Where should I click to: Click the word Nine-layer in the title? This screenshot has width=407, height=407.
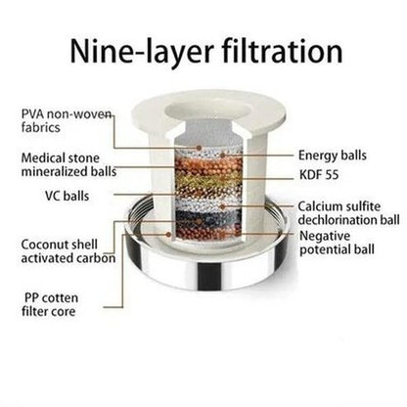(x=141, y=51)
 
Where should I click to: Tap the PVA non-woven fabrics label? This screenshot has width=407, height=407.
(x=67, y=120)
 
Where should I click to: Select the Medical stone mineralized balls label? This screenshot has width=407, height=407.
(x=68, y=164)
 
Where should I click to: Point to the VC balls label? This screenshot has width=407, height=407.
(x=67, y=196)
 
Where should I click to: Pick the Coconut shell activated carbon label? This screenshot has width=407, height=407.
(x=68, y=251)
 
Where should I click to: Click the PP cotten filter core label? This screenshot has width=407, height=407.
(x=50, y=304)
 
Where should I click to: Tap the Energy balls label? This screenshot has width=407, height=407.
(x=333, y=156)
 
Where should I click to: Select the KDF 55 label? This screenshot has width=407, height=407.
(x=319, y=175)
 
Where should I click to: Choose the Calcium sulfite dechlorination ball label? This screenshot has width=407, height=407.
(x=348, y=213)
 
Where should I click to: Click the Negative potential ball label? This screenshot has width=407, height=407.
(x=337, y=243)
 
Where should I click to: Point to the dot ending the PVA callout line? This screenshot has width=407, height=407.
(x=199, y=148)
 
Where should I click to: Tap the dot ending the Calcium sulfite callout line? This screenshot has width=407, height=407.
(x=222, y=206)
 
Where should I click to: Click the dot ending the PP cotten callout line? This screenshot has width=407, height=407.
(x=168, y=234)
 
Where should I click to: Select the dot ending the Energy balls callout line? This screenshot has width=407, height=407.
(x=222, y=155)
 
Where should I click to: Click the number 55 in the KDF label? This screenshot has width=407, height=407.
(x=332, y=175)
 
